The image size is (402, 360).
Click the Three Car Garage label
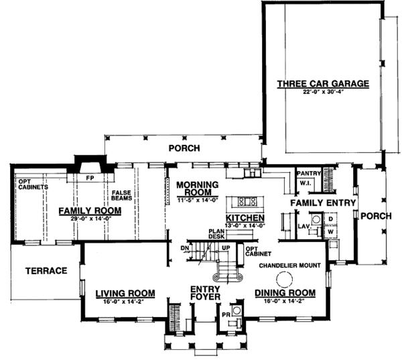(x=323, y=84)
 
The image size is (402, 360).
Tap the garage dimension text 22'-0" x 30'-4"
(x=323, y=93)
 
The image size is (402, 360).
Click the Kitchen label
(x=244, y=219)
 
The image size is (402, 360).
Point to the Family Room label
(x=88, y=211)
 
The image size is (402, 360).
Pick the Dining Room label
(x=284, y=293)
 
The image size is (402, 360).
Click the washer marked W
(x=330, y=233)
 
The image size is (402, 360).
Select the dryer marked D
(x=330, y=219)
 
